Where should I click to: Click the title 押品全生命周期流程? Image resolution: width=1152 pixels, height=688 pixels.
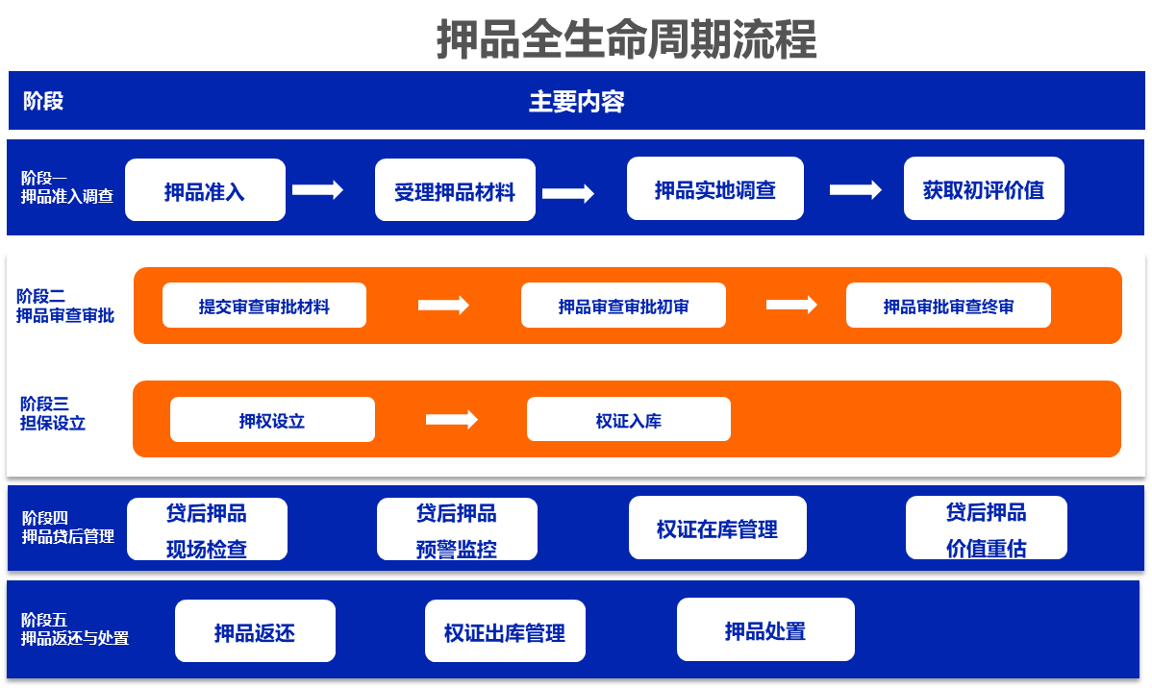[626, 40]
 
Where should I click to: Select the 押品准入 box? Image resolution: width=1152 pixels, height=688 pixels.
[205, 190]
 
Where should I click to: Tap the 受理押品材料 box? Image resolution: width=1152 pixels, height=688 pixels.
[455, 190]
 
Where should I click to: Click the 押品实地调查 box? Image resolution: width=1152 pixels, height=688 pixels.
[714, 188]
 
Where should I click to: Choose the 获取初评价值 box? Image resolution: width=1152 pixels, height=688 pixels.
[984, 188]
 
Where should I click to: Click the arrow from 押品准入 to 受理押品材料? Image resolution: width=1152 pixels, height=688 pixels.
[317, 190]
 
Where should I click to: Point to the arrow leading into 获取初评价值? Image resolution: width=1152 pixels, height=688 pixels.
[855, 190]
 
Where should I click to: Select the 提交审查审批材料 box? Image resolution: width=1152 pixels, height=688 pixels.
[264, 306]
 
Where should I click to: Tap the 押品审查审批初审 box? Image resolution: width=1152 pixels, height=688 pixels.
[623, 306]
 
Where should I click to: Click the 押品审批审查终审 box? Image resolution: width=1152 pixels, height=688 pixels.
[948, 306]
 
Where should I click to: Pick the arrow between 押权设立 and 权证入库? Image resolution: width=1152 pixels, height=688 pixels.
[451, 420]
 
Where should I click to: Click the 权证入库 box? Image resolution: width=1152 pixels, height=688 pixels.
[629, 420]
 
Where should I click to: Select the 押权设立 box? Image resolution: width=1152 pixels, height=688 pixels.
[272, 420]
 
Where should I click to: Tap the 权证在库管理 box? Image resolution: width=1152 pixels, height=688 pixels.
[717, 528]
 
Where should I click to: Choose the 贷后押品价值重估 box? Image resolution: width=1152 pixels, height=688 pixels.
[986, 528]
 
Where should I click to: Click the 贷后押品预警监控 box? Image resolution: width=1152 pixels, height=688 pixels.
[457, 529]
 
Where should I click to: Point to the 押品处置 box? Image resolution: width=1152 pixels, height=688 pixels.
[765, 630]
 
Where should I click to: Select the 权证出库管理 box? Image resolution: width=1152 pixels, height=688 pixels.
[505, 631]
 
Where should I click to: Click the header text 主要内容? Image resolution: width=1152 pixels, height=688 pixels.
[577, 101]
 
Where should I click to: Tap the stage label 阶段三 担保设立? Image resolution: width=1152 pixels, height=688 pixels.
[52, 413]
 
